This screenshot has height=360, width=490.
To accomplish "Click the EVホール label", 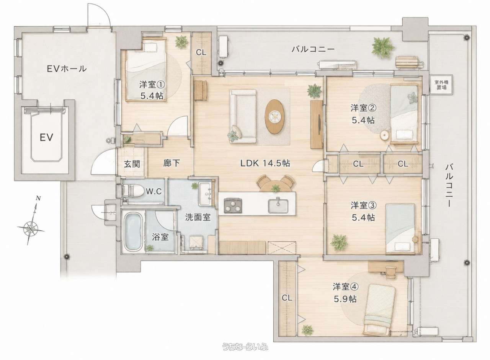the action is pos(67,69).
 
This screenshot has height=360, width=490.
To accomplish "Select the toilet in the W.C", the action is pos(133,191).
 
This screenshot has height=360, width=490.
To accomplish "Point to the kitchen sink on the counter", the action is pos(278,206).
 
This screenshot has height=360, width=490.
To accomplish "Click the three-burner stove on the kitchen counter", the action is pos(233,205).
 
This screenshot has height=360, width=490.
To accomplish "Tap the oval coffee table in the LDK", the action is pos(274,117).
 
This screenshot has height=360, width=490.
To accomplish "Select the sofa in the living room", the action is pos(243,116).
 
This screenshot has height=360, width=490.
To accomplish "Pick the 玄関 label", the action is pos(132,164).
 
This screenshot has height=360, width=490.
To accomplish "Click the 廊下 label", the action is pos(171,163).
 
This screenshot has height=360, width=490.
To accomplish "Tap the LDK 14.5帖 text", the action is pos(265,163).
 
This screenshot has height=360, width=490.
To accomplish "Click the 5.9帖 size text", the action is pos(345,299).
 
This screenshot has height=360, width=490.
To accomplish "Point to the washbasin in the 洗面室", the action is pos(205,194).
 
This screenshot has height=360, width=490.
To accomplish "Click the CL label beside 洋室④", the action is pos(287,298).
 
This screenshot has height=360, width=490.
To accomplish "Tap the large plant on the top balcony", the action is pos(383,47).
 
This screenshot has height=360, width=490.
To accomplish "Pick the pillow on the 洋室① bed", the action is pos(149,47).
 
